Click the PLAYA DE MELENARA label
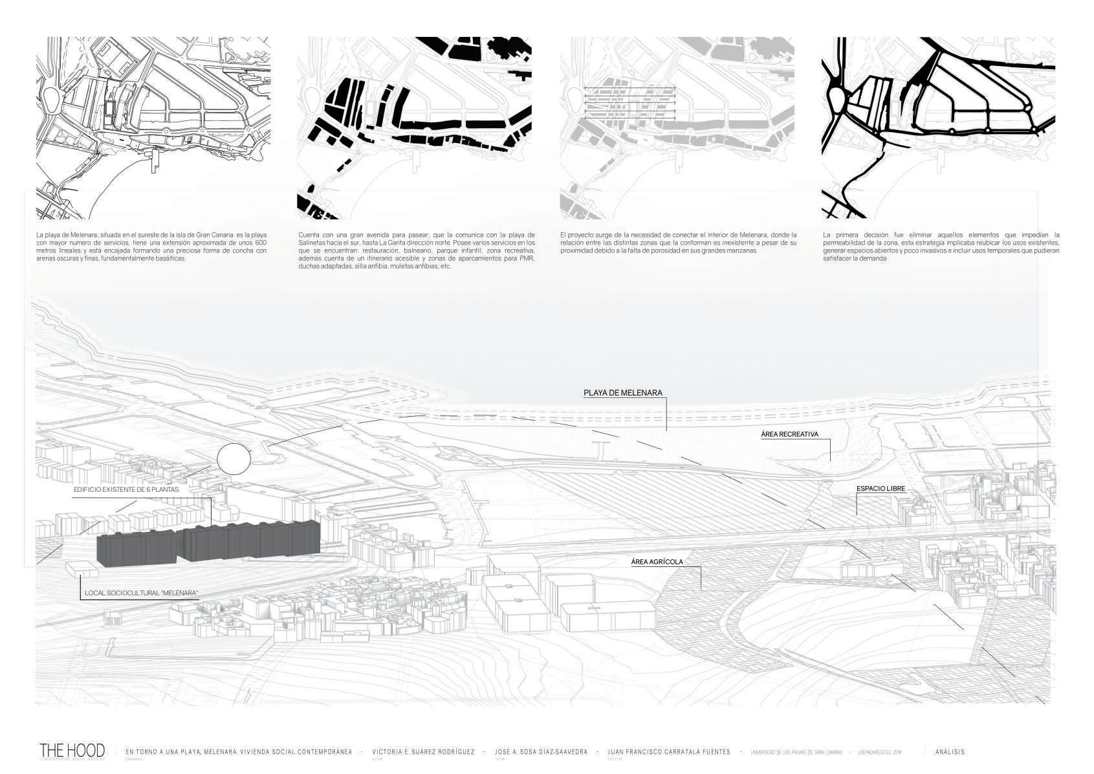pos(622,393)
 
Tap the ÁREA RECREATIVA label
pos(789,434)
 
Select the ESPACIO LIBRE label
pos(881,489)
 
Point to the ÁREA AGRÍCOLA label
pos(657,562)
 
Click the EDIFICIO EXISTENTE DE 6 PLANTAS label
pos(126,490)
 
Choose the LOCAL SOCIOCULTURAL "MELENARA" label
pos(141,593)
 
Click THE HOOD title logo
pos(72,751)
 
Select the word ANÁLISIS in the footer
pos(950,752)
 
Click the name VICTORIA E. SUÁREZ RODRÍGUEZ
pos(423,752)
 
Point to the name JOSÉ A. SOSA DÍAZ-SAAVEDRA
pos(541,752)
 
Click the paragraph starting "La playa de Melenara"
pos(151,247)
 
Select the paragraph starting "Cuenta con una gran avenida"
pos(417,250)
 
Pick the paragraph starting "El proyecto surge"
pos(678,243)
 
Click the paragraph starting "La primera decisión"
pos(941,247)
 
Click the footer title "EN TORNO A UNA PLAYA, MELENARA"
pos(239,752)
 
